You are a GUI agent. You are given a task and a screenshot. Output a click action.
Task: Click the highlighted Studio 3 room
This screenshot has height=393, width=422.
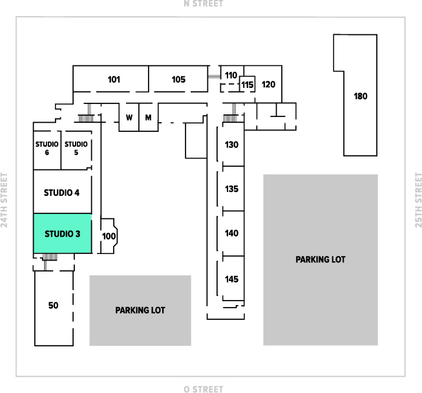click(x=62, y=233)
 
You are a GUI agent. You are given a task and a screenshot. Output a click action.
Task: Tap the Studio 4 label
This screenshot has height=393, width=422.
click(x=62, y=192)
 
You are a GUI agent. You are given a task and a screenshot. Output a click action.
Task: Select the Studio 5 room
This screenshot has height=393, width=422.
click(x=76, y=148)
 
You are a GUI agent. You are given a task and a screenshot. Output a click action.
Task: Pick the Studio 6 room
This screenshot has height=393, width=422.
click(x=47, y=148)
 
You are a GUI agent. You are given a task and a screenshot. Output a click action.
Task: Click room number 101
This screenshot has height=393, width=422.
click(x=114, y=80)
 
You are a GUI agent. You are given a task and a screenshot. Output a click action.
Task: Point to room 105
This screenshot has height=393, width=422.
click(x=178, y=80)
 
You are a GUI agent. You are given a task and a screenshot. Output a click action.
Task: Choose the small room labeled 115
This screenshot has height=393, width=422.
click(x=248, y=84)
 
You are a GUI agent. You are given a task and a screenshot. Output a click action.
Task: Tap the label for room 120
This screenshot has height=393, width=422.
click(x=269, y=84)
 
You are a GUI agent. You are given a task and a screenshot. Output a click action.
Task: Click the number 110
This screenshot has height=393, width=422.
click(x=231, y=75)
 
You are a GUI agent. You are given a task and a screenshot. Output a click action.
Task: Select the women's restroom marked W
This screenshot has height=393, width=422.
click(x=129, y=118)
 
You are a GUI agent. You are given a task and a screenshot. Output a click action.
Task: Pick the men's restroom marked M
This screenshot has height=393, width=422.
click(x=148, y=118)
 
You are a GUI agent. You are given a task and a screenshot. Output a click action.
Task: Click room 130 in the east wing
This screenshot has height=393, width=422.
click(x=232, y=144)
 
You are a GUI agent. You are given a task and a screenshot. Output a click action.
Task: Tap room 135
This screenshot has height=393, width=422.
click(x=232, y=189)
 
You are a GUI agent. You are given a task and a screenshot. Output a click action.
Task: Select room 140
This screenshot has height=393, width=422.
click(x=232, y=233)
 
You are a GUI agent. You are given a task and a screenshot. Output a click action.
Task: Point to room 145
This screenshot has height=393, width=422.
click(x=232, y=279)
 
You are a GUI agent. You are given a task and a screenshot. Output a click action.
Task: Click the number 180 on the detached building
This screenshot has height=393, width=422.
click(x=361, y=96)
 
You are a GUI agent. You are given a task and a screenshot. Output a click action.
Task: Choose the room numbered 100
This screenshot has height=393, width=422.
click(x=109, y=237)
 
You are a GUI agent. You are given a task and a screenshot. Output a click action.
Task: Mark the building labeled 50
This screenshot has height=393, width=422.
click(x=53, y=305)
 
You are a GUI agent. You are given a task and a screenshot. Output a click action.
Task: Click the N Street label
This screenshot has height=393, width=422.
click(x=204, y=4)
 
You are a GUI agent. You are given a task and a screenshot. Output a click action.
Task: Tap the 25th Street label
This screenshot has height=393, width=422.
click(x=417, y=200)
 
